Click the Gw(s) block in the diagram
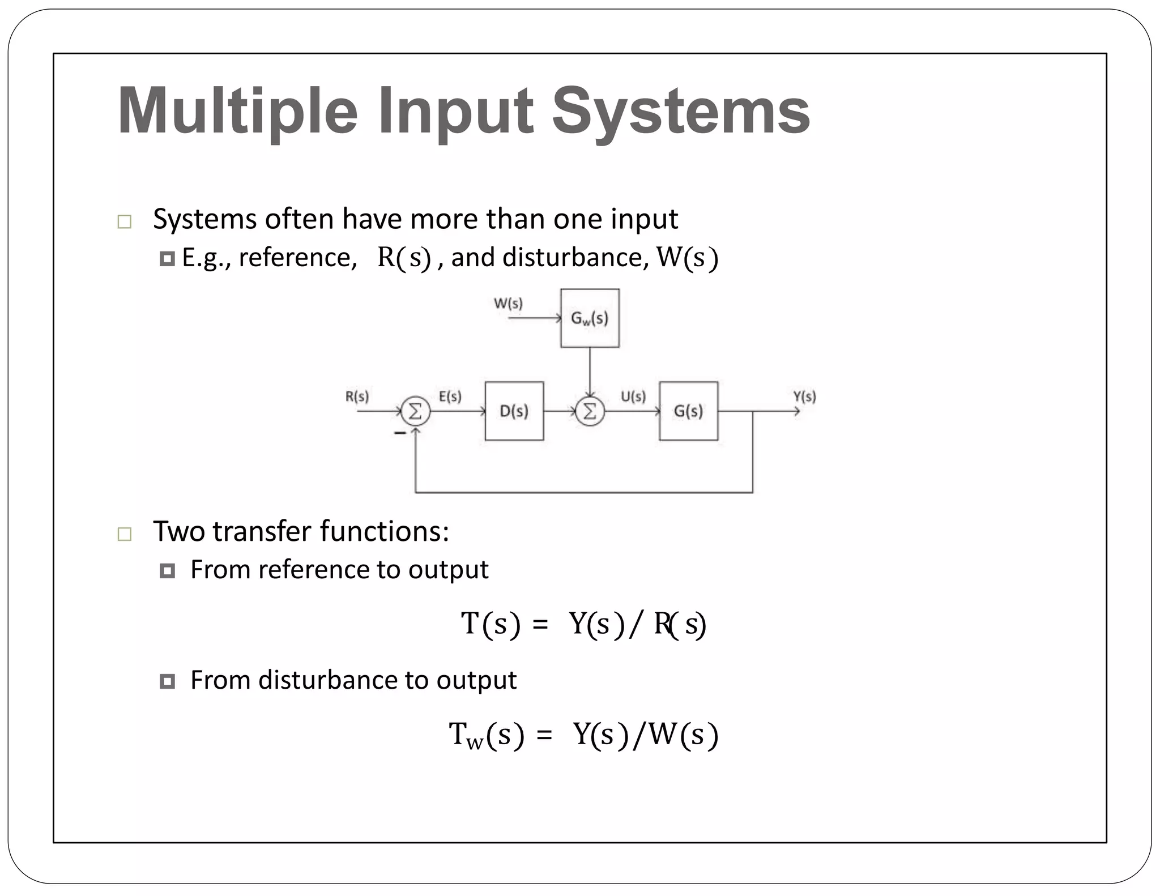coord(590,318)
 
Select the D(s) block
coord(514,411)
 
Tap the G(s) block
coord(688,411)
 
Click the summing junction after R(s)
coord(416,412)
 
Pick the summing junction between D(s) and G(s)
coord(590,412)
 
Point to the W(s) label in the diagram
coord(508,304)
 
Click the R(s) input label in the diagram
coord(357,396)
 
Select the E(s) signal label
coord(450,396)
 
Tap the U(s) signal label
coord(633,396)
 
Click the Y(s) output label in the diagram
coord(804,396)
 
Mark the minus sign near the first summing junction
coord(400,433)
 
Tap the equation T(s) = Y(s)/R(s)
coord(583,624)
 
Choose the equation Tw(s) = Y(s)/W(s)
coord(583,735)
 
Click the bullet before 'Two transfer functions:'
coord(125,534)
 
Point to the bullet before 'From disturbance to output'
coord(167,681)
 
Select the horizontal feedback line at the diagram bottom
coord(583,493)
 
